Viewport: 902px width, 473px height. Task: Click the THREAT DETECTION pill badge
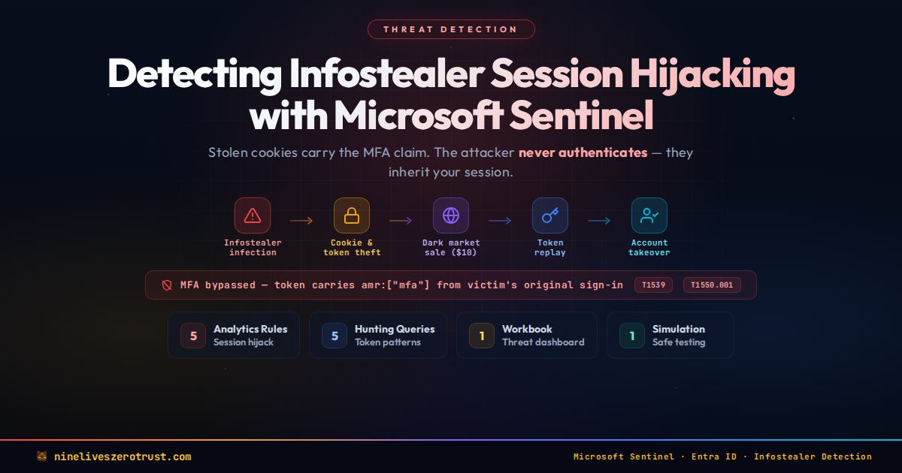451,29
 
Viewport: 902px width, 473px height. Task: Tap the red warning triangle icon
253,215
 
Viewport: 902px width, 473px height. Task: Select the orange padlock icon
352,215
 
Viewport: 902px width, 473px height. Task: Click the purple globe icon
451,215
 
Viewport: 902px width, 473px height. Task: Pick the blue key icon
550,215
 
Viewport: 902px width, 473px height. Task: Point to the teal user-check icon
649,215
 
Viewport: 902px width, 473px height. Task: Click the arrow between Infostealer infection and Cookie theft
301,221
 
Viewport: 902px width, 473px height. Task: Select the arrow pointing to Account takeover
599,221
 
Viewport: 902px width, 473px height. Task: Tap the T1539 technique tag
653,285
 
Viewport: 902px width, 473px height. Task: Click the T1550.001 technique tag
712,285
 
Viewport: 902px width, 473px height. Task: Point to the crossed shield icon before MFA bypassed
167,285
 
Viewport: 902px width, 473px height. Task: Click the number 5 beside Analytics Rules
193,336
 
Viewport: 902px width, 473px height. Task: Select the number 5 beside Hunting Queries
334,336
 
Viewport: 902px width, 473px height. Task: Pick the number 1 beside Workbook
482,336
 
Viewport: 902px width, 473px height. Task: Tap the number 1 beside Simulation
632,336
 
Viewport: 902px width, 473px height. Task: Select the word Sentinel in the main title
582,116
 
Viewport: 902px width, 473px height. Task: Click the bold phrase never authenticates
583,153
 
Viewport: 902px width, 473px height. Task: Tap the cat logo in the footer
41,456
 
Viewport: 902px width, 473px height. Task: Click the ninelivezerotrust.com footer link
123,457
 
